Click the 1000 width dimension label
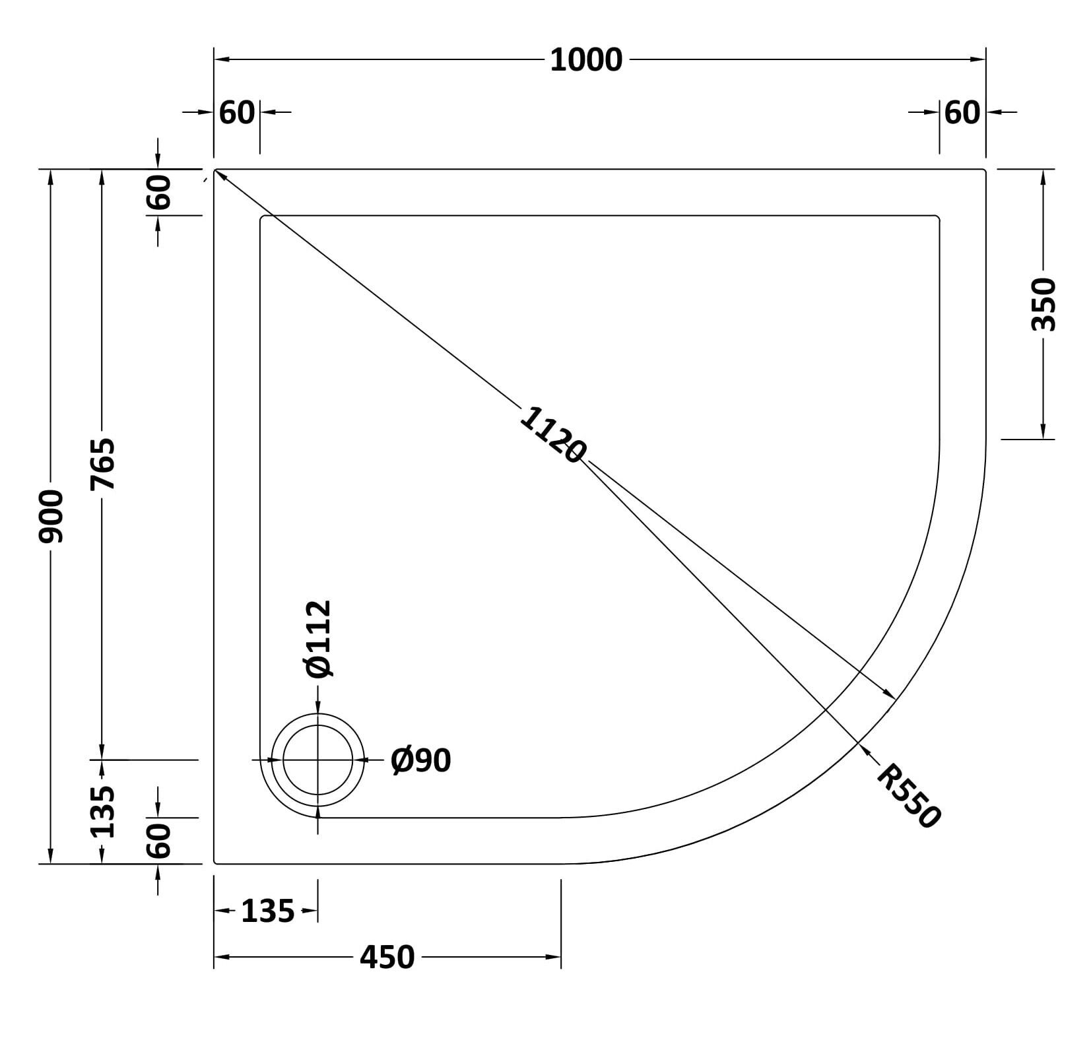pyautogui.click(x=585, y=60)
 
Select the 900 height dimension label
pyautogui.click(x=51, y=516)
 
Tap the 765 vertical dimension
pyautogui.click(x=102, y=463)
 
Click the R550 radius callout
pyautogui.click(x=908, y=796)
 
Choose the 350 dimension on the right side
pyautogui.click(x=1043, y=304)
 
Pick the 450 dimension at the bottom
pyautogui.click(x=387, y=957)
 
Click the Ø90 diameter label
pyautogui.click(x=420, y=760)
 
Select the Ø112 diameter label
pyautogui.click(x=319, y=639)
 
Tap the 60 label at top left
pyautogui.click(x=237, y=113)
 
